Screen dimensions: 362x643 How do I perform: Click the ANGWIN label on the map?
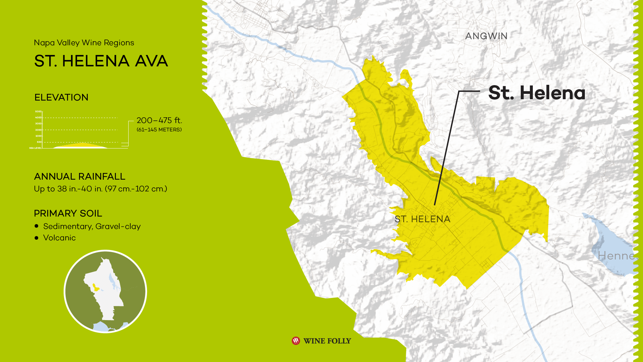point(486,36)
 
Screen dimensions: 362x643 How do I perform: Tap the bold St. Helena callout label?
point(537,93)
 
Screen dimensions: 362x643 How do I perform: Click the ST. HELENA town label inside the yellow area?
point(422,219)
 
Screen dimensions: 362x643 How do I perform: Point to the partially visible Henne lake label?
point(616,256)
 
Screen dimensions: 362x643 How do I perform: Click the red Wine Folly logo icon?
point(296,341)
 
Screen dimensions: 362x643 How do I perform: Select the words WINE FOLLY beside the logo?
point(327,341)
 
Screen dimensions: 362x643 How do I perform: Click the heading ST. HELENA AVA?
point(101,61)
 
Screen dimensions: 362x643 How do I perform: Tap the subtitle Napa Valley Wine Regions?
point(84,43)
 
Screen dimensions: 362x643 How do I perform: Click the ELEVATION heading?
point(61,98)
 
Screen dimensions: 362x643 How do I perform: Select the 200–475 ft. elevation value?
point(159,120)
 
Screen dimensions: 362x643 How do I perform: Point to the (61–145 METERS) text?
point(159,130)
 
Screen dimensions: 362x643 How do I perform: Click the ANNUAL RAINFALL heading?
point(79,177)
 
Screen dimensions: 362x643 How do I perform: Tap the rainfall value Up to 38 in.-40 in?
point(100,189)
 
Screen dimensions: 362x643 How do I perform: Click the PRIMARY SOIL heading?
point(68,214)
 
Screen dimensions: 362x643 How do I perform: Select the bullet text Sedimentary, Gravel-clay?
point(92,227)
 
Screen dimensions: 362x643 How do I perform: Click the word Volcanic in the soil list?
point(59,238)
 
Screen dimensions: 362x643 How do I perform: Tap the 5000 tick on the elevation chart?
point(38,112)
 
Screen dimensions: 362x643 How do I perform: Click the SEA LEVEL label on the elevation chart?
point(35,148)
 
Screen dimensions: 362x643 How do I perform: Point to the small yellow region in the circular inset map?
point(96,287)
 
